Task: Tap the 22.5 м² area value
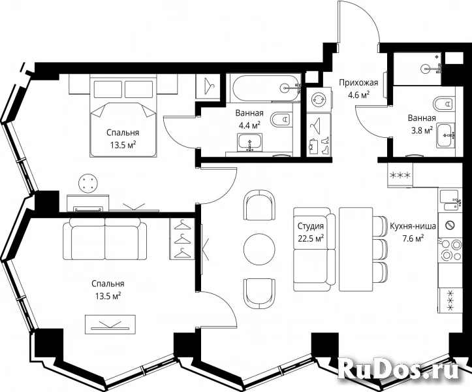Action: click(311, 238)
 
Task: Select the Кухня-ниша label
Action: click(413, 226)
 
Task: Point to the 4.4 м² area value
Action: click(249, 125)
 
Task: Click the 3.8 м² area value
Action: click(422, 130)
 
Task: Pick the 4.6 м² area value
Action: click(358, 95)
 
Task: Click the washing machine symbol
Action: click(319, 99)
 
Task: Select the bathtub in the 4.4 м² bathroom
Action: click(265, 88)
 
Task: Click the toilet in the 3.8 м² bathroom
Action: click(444, 104)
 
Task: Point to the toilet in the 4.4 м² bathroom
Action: click(281, 120)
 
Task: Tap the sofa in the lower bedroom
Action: click(105, 239)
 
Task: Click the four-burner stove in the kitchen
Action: click(450, 250)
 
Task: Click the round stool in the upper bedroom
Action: click(88, 183)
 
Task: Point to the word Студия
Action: click(311, 226)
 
